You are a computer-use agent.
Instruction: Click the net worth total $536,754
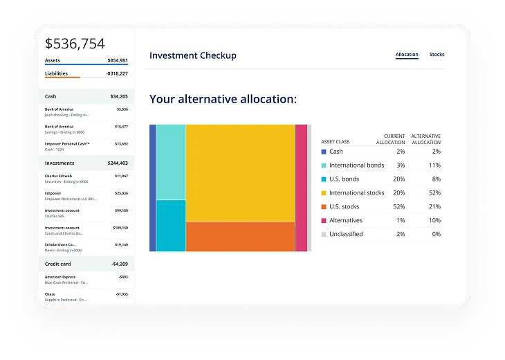(x=75, y=44)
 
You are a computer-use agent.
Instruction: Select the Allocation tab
(x=407, y=54)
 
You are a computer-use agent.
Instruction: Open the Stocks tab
(x=437, y=54)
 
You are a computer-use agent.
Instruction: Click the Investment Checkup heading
(x=192, y=55)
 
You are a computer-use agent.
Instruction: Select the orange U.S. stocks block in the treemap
(x=240, y=236)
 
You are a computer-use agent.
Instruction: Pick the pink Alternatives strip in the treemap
(x=301, y=188)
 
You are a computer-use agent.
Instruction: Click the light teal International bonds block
(x=170, y=162)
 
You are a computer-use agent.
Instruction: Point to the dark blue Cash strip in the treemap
(x=152, y=188)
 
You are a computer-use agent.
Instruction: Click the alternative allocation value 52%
(x=434, y=192)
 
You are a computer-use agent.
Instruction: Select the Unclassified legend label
(x=346, y=234)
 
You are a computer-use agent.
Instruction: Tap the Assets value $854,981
(x=113, y=60)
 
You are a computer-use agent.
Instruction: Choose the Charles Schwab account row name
(x=57, y=176)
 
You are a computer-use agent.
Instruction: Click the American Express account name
(x=60, y=277)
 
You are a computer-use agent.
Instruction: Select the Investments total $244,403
(x=114, y=163)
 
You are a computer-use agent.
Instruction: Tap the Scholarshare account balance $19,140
(x=120, y=244)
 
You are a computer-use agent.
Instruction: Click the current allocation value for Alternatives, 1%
(x=401, y=220)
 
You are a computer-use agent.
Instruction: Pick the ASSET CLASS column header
(x=335, y=142)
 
